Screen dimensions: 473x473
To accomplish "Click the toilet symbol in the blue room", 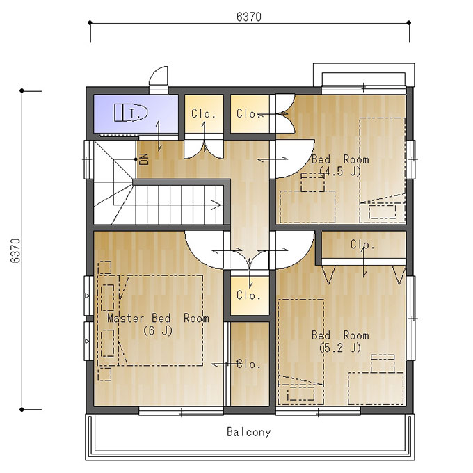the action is pos(131,113).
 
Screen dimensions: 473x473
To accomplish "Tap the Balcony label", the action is pos(249,432).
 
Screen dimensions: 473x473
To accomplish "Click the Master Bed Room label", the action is pos(158,319).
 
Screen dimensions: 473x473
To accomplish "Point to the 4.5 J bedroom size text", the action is pos(340,171).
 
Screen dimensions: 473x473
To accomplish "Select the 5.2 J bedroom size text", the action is pos(340,348).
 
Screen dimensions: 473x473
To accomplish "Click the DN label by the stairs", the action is pos(144,159).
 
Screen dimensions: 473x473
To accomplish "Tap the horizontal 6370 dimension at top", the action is pos(249,17).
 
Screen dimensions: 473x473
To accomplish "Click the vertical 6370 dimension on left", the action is pos(15,250).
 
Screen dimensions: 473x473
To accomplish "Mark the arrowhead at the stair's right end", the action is pos(218,205).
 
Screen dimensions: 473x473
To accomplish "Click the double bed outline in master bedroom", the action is pos(161,321).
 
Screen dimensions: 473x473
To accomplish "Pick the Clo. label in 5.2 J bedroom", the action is pos(362,244).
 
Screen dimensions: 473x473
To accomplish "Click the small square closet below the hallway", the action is pos(250,296).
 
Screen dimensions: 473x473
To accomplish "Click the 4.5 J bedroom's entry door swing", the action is pos(295,159).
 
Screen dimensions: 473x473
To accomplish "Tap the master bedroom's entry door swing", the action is pos(205,250).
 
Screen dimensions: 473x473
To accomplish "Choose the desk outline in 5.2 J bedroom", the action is pos(376,389).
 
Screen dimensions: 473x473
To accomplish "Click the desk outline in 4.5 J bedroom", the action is pos(307,207).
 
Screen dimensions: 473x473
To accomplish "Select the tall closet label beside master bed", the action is pos(249,364).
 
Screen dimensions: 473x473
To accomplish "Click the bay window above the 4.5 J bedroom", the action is pos(364,75).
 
